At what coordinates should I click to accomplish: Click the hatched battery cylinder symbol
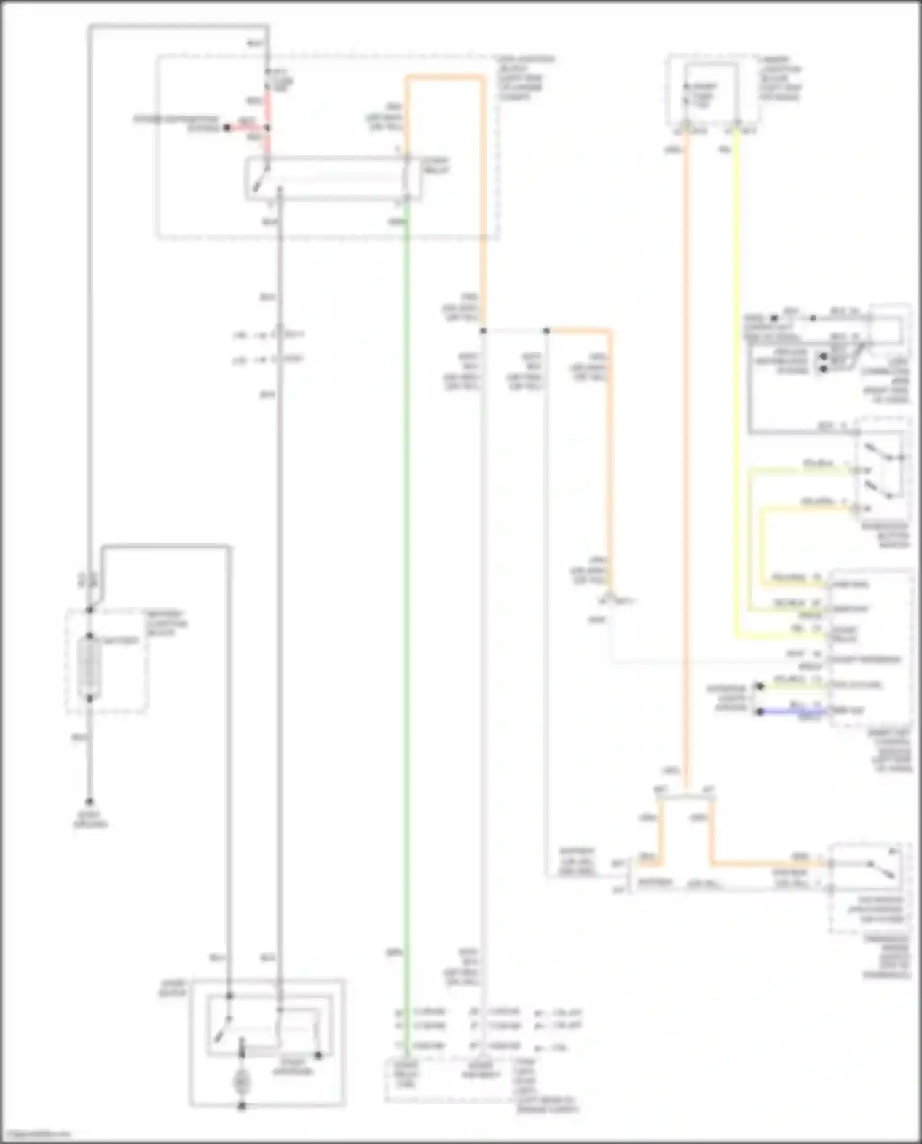pyautogui.click(x=90, y=667)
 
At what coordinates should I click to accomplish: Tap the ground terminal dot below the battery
pyautogui.click(x=90, y=802)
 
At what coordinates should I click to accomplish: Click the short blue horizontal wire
pyautogui.click(x=793, y=712)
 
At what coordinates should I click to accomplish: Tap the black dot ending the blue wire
pyautogui.click(x=760, y=712)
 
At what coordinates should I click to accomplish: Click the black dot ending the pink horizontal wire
pyautogui.click(x=227, y=128)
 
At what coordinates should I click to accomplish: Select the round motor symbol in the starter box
pyautogui.click(x=242, y=1082)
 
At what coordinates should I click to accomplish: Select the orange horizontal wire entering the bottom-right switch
pyautogui.click(x=768, y=864)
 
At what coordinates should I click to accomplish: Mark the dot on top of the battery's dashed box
pyautogui.click(x=90, y=609)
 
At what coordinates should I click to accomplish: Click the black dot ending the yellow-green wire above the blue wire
pyautogui.click(x=760, y=686)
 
